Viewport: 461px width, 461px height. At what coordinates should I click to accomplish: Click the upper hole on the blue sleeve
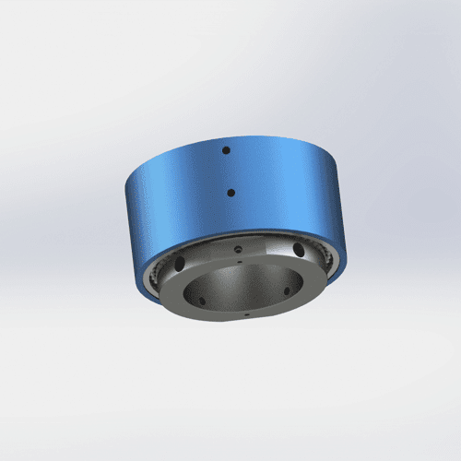click(226, 148)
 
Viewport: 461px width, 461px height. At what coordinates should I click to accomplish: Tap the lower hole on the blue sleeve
click(230, 193)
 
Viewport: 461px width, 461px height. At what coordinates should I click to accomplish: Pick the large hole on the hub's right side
click(300, 251)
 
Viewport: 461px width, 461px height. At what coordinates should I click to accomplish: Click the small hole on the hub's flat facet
click(238, 249)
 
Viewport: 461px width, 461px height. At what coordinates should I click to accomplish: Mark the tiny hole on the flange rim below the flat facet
click(239, 261)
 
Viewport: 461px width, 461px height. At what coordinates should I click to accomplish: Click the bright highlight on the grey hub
click(273, 247)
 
